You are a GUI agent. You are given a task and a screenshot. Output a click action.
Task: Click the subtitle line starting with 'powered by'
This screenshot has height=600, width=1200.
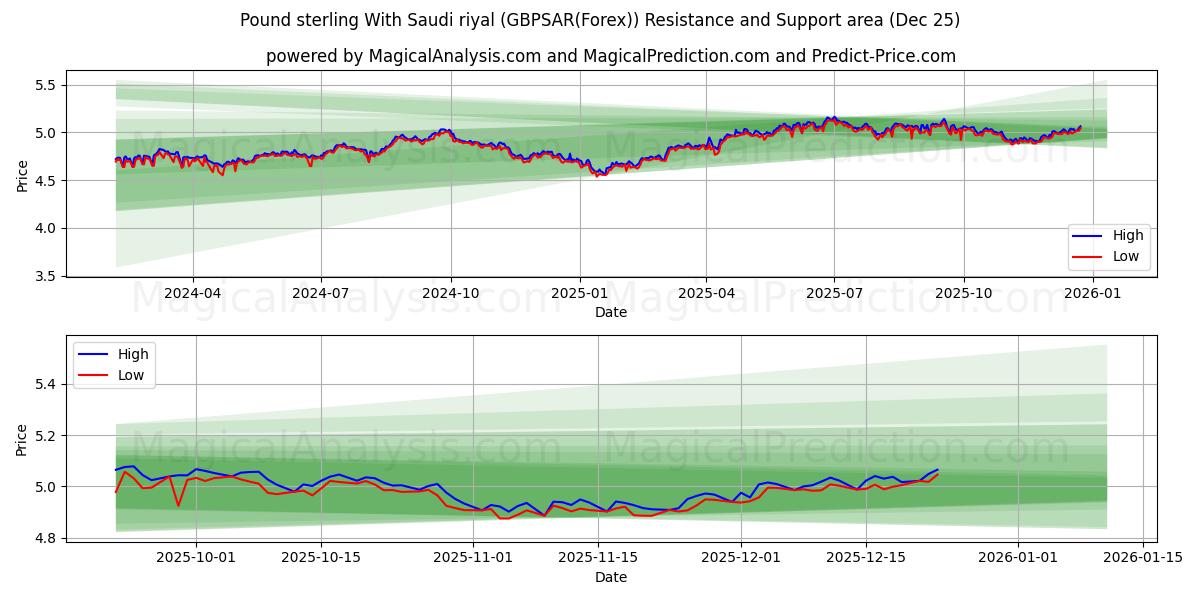[610, 56]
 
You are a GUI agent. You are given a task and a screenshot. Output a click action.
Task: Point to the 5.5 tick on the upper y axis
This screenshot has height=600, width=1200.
[44, 85]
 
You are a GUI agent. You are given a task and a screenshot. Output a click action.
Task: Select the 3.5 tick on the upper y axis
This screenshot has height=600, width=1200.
[44, 276]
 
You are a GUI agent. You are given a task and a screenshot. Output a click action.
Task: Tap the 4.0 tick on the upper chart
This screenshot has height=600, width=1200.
[44, 228]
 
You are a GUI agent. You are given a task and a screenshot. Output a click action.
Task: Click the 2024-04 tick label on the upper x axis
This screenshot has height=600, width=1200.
[192, 294]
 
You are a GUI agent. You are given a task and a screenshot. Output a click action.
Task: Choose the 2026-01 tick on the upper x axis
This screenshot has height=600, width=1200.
[1092, 294]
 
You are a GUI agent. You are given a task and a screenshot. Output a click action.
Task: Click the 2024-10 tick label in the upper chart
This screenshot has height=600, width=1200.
[450, 294]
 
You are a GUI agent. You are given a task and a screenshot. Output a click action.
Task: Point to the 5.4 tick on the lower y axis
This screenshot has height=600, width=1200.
[44, 384]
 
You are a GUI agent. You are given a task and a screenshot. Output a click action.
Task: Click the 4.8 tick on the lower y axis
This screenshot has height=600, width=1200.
[44, 539]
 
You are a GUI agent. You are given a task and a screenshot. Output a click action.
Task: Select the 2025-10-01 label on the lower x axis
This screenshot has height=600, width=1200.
[195, 557]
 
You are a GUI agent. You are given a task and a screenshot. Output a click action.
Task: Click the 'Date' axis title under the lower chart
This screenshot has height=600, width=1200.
[610, 577]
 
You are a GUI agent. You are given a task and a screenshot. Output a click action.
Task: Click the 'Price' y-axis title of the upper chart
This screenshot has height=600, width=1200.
[22, 174]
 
